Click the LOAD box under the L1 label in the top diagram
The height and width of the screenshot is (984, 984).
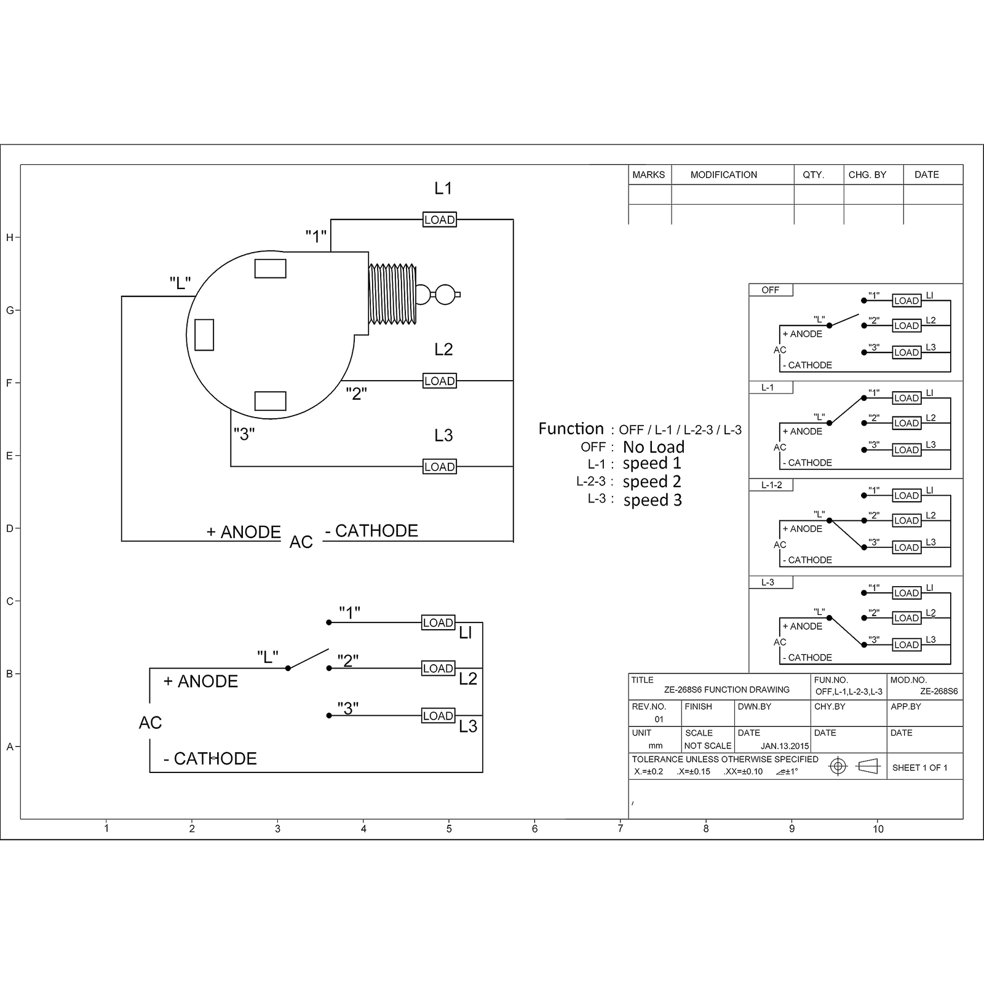[440, 220]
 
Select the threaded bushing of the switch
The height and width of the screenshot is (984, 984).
[392, 294]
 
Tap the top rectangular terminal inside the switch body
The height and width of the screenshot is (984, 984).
[271, 269]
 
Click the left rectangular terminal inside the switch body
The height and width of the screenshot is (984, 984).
[204, 335]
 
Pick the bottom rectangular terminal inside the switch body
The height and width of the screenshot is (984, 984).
[271, 400]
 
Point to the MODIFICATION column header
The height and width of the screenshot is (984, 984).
[724, 175]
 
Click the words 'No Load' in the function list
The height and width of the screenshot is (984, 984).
[654, 447]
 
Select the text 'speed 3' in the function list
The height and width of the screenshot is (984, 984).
[653, 500]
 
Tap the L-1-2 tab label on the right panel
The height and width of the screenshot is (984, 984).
[772, 485]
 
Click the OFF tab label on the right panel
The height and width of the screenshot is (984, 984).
[770, 290]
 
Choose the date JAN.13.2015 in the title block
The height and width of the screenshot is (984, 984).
[785, 746]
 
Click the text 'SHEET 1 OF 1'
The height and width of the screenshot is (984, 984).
[920, 768]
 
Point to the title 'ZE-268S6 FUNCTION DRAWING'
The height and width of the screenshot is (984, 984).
[727, 689]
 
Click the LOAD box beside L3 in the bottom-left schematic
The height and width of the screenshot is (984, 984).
[438, 716]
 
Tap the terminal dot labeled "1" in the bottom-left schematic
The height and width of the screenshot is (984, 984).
[329, 622]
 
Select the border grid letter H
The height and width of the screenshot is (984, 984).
[9, 238]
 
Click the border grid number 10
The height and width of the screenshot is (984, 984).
[878, 829]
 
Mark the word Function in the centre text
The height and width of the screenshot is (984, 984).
[571, 429]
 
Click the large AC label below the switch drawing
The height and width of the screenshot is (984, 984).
[301, 542]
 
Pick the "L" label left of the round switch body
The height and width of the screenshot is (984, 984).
[180, 283]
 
